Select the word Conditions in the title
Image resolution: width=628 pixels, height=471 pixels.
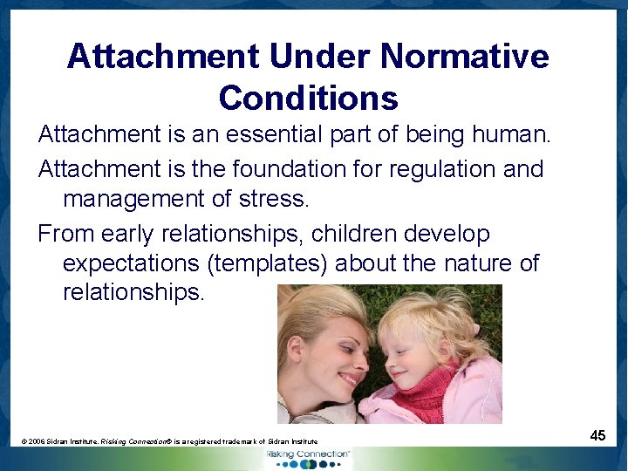[x=309, y=98]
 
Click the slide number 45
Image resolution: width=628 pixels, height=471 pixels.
[x=597, y=434]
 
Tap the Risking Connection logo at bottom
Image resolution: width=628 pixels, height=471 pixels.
[x=310, y=457]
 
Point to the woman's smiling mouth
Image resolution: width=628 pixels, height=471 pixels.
[x=349, y=380]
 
